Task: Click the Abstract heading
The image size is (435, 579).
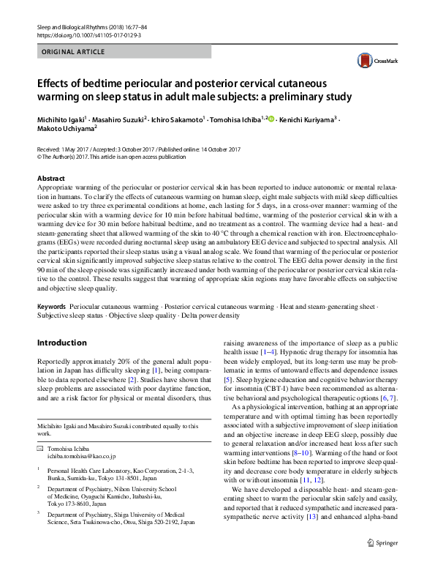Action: pos(50,179)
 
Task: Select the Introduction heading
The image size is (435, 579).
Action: pos(61,343)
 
